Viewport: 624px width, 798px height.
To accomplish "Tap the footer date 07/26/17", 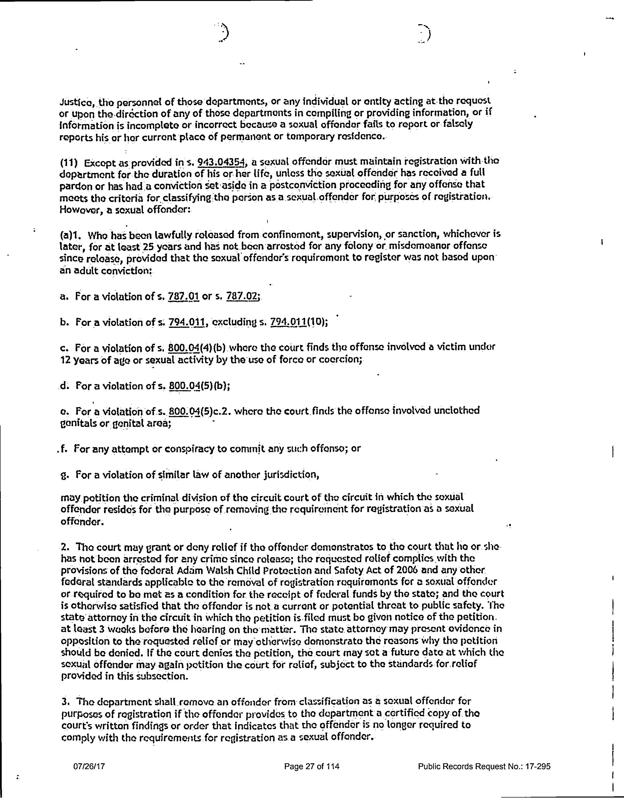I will point(89,766).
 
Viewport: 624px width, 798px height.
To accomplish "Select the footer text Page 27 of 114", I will point(312,766).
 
